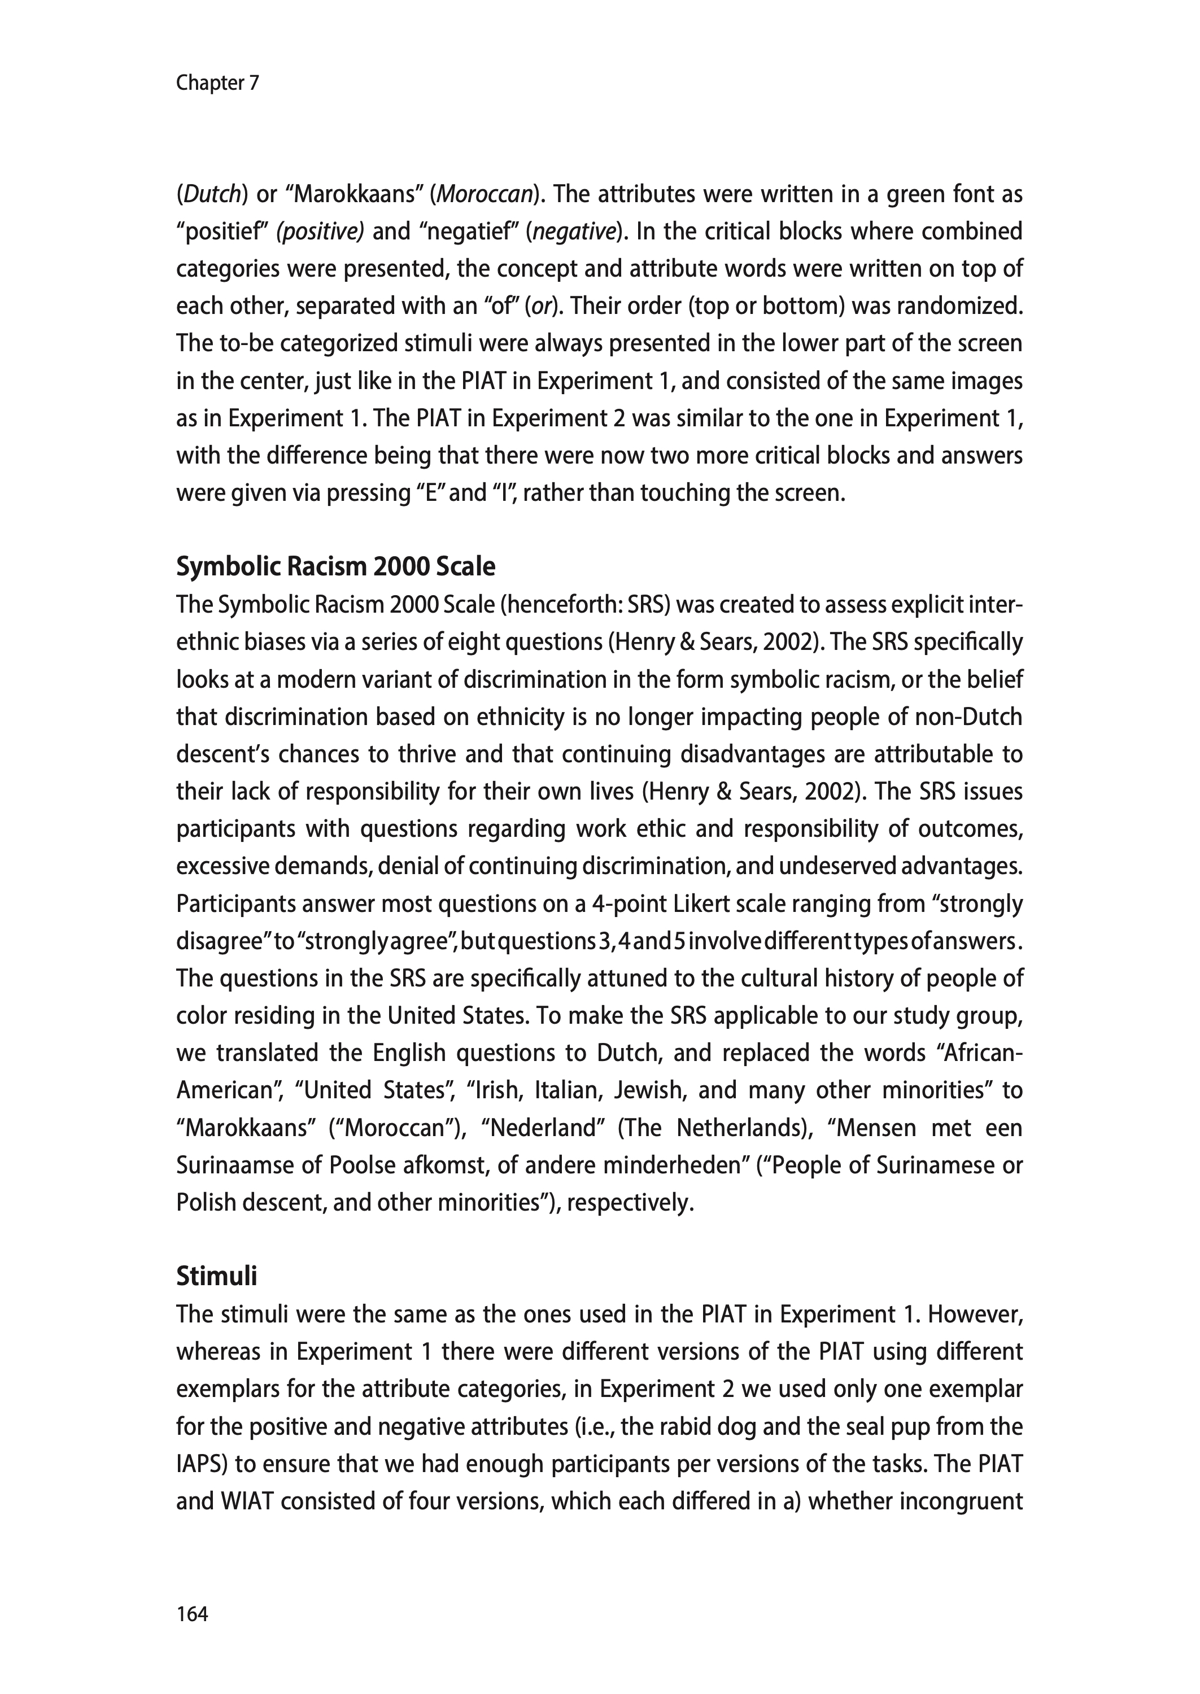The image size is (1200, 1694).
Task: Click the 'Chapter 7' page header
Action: point(217,83)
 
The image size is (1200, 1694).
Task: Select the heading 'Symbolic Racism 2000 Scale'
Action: point(335,566)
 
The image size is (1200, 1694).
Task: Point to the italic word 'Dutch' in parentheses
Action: point(211,194)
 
